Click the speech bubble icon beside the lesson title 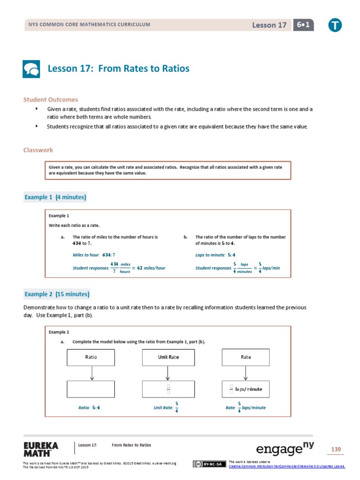(x=32, y=69)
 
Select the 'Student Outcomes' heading (x=51, y=100)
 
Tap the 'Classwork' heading (x=38, y=150)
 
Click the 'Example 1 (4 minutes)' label (x=55, y=197)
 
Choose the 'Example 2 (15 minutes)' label (x=57, y=294)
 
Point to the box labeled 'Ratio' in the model (x=91, y=357)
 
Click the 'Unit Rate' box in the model (x=168, y=357)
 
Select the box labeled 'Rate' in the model (x=246, y=357)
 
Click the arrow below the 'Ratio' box (x=92, y=373)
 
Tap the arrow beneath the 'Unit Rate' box (x=168, y=373)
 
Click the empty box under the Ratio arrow (x=91, y=389)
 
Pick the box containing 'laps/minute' (x=246, y=389)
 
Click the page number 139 (x=336, y=450)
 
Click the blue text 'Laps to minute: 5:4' (x=215, y=255)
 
